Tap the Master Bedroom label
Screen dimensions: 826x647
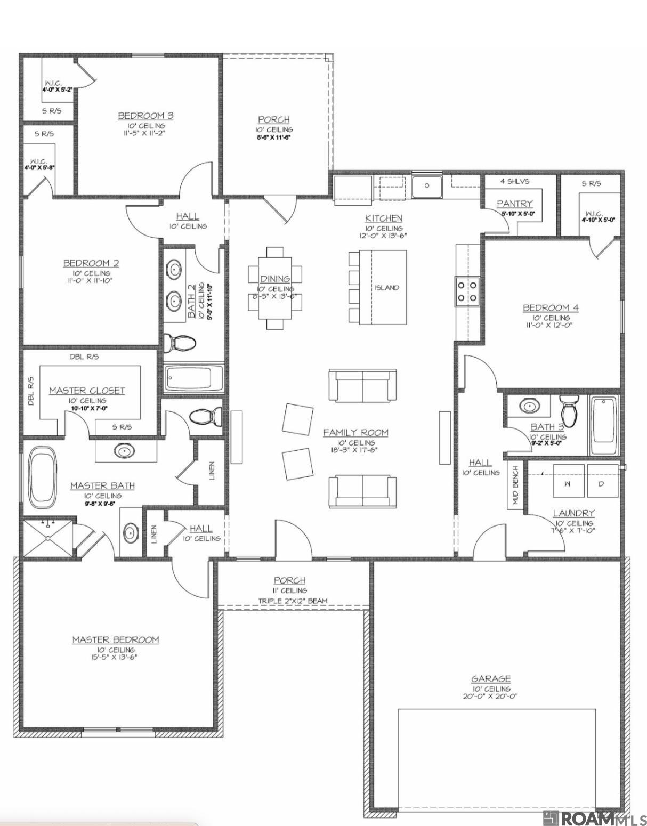(x=116, y=639)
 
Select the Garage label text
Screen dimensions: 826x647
(x=491, y=678)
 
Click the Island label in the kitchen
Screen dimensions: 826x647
(x=386, y=288)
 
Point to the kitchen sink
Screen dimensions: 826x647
(x=426, y=186)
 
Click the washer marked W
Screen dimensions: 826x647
(x=567, y=483)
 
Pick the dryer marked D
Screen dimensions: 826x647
(x=602, y=483)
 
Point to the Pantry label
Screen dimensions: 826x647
(x=514, y=204)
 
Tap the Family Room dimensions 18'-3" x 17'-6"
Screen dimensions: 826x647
(x=355, y=450)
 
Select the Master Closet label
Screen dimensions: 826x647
(x=87, y=391)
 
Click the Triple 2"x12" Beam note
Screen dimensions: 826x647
(x=293, y=601)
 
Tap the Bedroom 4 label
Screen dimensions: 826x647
(x=551, y=307)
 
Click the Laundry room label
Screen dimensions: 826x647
(x=573, y=513)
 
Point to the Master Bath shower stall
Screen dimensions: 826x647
(x=48, y=539)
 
